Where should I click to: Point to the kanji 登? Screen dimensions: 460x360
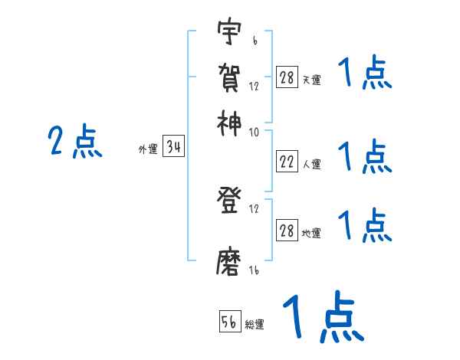(229, 201)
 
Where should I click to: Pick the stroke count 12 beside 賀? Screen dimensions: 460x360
(254, 86)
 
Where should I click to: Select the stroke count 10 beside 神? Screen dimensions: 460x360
(254, 131)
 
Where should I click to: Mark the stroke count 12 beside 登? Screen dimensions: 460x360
(254, 209)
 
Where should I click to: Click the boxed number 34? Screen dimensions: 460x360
(173, 147)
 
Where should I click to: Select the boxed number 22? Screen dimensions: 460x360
(287, 162)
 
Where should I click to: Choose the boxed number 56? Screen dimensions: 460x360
(229, 322)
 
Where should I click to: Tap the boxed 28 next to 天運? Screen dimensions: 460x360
(287, 77)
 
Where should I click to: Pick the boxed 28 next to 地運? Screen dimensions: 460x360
(287, 231)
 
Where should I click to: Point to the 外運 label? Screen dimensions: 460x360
(148, 150)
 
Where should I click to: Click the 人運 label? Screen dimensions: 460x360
(312, 164)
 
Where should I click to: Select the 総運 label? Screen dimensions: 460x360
(255, 325)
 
